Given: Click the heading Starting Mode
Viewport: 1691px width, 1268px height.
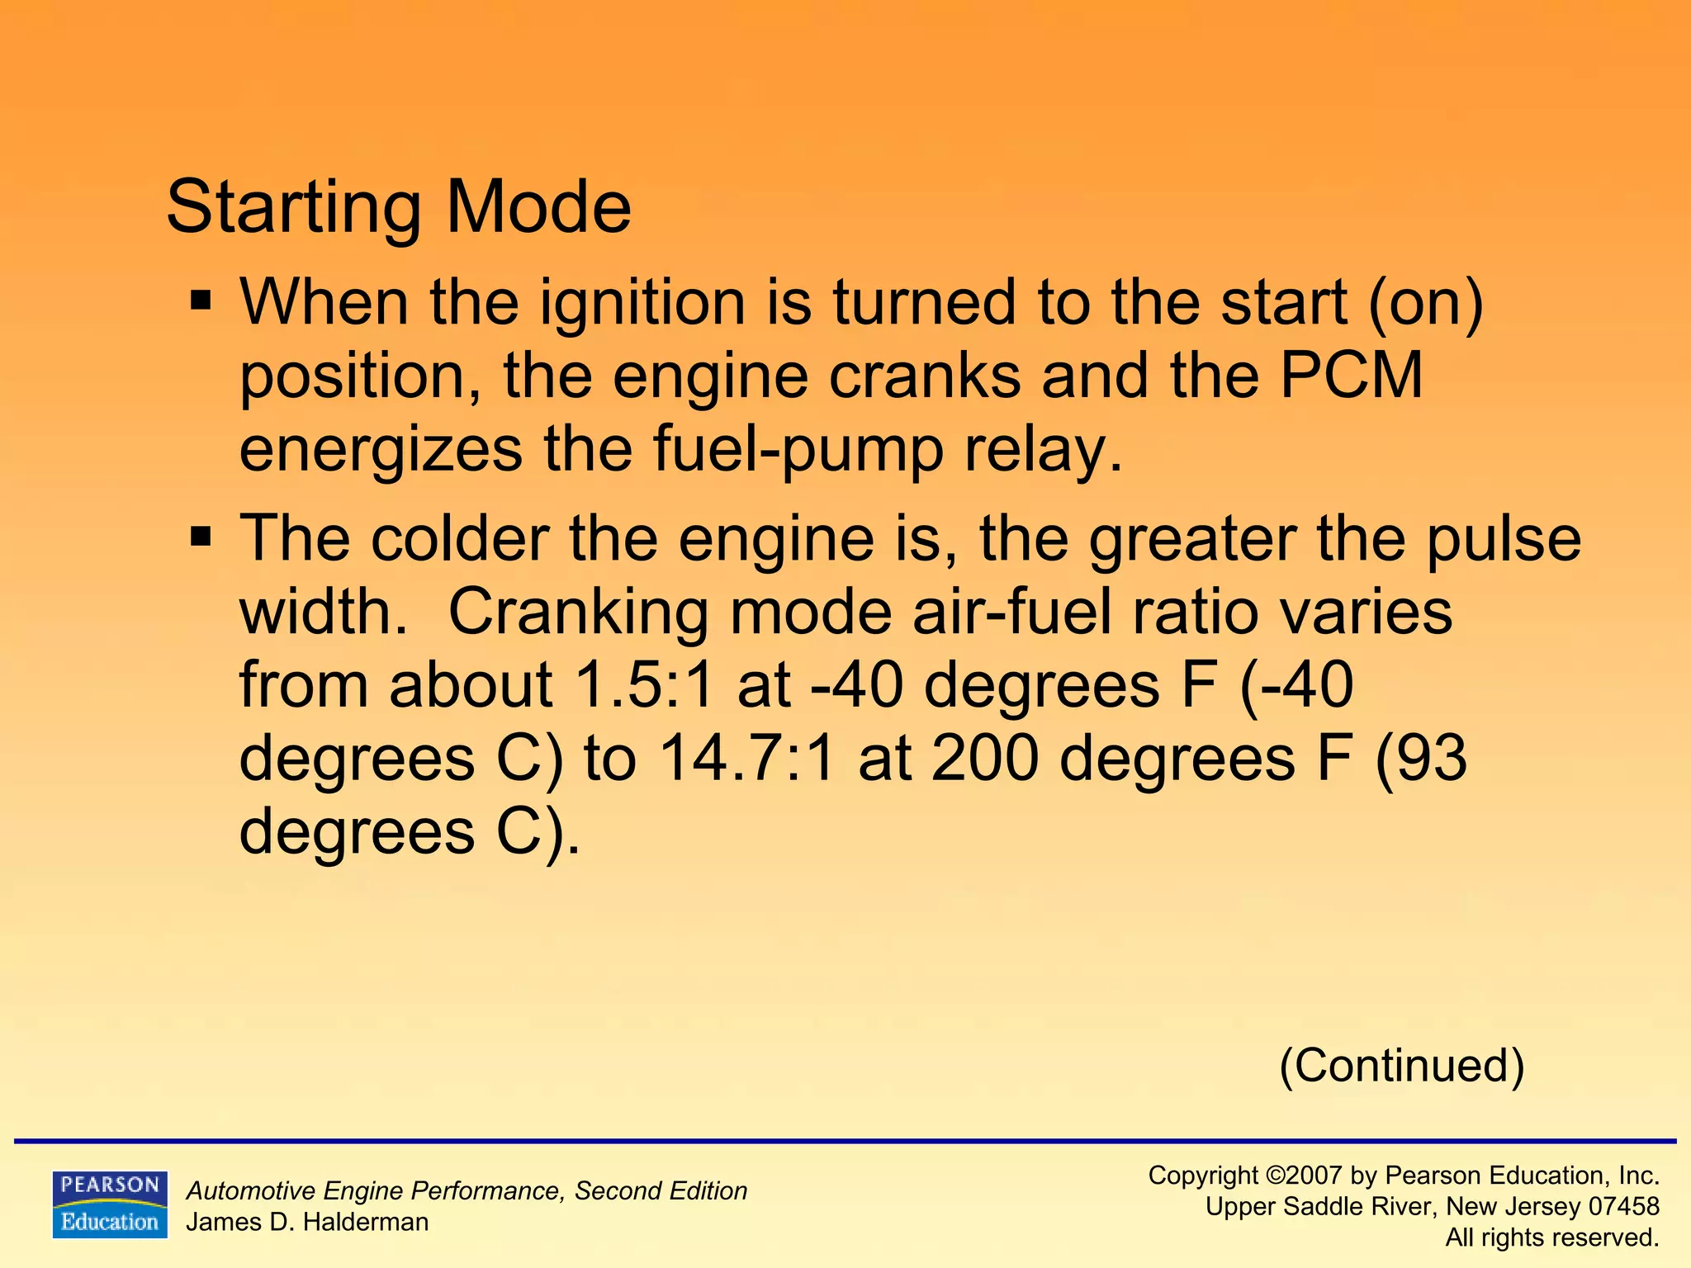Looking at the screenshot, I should [399, 206].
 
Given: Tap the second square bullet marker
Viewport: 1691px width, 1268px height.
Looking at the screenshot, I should [201, 537].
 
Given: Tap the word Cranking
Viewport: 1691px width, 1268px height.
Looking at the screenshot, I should [578, 612].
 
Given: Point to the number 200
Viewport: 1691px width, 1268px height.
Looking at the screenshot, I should [984, 759].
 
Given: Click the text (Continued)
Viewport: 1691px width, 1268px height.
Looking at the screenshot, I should [1401, 1065].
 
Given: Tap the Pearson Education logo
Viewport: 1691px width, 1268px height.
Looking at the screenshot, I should [110, 1204].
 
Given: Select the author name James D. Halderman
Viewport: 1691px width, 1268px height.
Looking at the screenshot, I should [307, 1222].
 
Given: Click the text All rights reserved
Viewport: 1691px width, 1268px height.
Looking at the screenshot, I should [1552, 1237].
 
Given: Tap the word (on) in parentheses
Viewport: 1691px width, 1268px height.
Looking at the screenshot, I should [1426, 302].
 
